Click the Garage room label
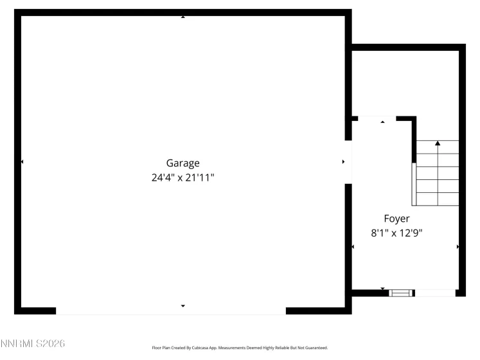(x=183, y=163)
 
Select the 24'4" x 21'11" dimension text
(x=183, y=177)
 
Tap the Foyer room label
(x=396, y=219)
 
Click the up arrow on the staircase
(x=438, y=144)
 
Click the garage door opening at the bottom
(x=171, y=310)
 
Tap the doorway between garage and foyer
(x=348, y=161)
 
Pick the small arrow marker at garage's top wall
(x=183, y=16)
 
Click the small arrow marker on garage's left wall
(x=22, y=162)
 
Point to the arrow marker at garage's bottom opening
(x=183, y=306)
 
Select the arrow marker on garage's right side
(x=343, y=162)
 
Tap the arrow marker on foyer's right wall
(x=458, y=247)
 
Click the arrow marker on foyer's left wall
(x=353, y=247)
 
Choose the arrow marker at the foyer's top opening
(x=383, y=121)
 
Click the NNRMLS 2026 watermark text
(x=33, y=345)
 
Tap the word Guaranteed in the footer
(x=315, y=348)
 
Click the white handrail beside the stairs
(x=414, y=184)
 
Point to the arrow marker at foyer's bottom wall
(x=383, y=289)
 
